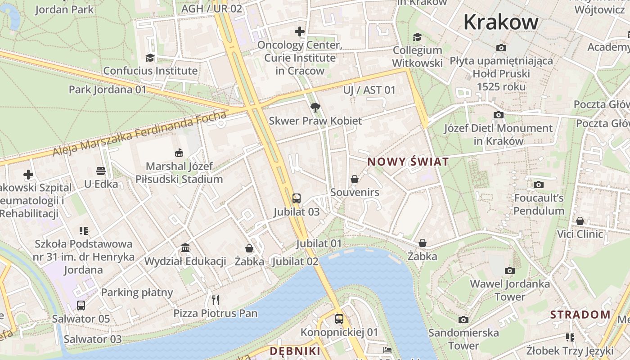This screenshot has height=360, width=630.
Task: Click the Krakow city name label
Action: (500, 22)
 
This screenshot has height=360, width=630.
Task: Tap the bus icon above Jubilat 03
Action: (296, 198)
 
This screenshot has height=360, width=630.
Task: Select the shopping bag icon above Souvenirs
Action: (355, 179)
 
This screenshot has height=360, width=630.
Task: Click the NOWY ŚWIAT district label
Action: (408, 162)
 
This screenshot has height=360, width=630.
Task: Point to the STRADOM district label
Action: (580, 315)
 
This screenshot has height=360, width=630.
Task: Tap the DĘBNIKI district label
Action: (295, 351)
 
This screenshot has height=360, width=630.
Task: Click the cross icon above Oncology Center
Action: (300, 31)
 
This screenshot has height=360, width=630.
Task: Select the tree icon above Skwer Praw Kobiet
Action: (315, 108)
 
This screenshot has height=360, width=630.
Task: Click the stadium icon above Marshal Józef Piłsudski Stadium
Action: (179, 153)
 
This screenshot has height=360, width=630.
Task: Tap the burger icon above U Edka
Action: (101, 171)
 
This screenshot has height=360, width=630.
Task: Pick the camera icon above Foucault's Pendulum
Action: (538, 184)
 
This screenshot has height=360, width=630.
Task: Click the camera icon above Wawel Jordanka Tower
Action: (509, 270)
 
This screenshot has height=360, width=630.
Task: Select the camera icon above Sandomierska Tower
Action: (463, 319)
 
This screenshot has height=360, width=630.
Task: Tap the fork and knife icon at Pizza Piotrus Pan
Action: (216, 300)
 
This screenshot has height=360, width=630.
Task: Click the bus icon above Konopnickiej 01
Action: (339, 319)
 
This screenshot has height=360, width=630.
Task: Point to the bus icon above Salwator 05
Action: (81, 306)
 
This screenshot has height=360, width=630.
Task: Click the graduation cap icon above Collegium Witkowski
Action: (418, 37)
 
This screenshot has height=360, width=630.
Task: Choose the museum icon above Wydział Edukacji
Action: (185, 248)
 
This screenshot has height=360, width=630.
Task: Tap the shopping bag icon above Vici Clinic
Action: (580, 221)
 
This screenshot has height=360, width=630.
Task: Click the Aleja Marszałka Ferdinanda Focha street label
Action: (139, 134)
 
